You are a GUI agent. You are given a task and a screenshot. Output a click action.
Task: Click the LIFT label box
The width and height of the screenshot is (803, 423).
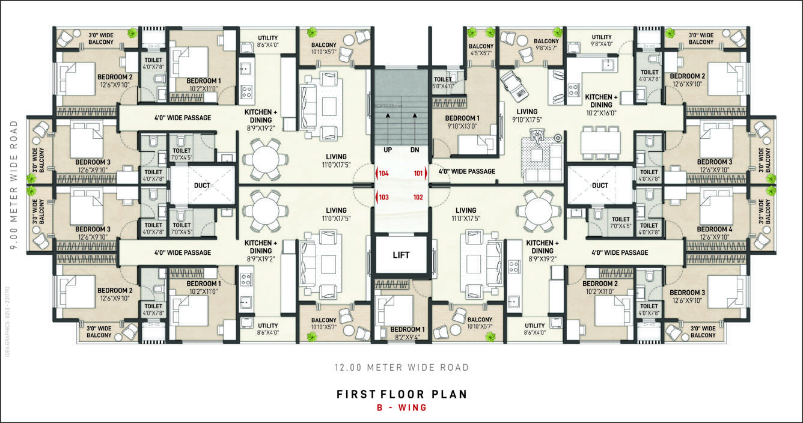pyautogui.click(x=401, y=255)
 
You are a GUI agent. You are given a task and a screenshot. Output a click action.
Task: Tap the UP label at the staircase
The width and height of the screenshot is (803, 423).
pyautogui.click(x=387, y=150)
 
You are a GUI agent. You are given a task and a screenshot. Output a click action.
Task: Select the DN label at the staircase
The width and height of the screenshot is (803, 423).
pyautogui.click(x=414, y=150)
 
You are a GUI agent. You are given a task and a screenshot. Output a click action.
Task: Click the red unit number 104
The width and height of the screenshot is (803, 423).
pyautogui.click(x=383, y=174)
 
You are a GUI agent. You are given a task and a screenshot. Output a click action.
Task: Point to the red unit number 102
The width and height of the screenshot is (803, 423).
pyautogui.click(x=418, y=196)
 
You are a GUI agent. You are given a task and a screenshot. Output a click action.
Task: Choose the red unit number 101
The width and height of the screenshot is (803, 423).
pyautogui.click(x=418, y=174)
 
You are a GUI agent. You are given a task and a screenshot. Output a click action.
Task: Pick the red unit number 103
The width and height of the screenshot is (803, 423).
pyautogui.click(x=383, y=196)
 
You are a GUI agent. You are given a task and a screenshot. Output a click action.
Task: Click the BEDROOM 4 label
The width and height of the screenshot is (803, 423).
pyautogui.click(x=714, y=229)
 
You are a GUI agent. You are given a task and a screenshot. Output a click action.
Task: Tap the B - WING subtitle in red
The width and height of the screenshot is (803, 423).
pyautogui.click(x=401, y=408)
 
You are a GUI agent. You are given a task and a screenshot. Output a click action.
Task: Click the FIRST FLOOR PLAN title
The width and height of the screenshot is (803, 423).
pyautogui.click(x=401, y=394)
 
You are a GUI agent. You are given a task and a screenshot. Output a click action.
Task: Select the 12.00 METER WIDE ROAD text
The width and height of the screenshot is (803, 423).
pyautogui.click(x=401, y=367)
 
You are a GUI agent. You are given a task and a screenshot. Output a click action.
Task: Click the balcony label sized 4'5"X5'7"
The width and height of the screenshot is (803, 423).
pyautogui.click(x=481, y=50)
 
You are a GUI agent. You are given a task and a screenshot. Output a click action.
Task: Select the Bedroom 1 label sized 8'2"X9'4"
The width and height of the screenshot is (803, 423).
pyautogui.click(x=407, y=333)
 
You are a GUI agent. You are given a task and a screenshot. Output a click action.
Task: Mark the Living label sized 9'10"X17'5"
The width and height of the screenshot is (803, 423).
pyautogui.click(x=527, y=115)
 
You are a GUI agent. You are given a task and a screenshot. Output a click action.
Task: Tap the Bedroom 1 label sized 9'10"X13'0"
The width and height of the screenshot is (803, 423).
pyautogui.click(x=462, y=121)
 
